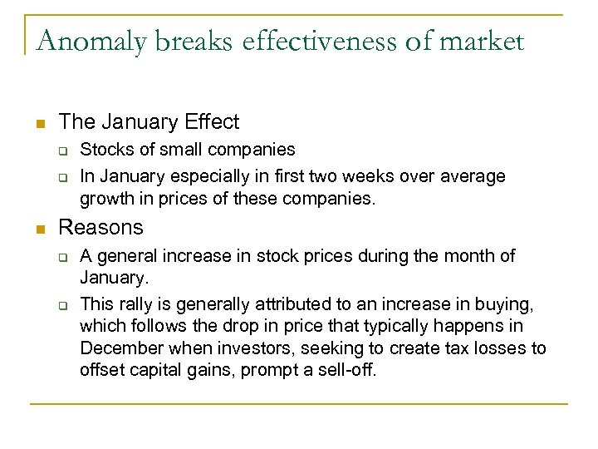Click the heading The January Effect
click(x=149, y=122)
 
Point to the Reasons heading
click(x=101, y=227)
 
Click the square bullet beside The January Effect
click(x=39, y=124)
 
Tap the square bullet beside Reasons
click(x=39, y=229)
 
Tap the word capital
click(x=163, y=369)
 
